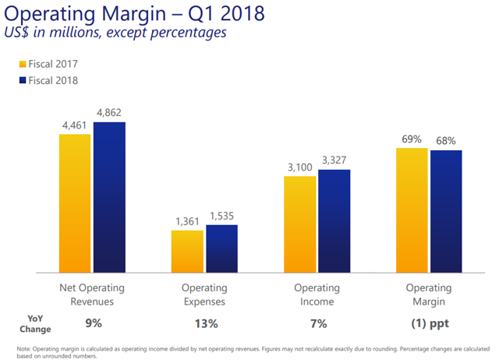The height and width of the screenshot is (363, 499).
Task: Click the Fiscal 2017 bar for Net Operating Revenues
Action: pos(75,203)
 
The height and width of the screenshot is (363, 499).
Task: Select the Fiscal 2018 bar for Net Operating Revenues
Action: pos(109,198)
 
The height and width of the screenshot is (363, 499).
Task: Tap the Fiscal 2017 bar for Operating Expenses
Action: pos(187,252)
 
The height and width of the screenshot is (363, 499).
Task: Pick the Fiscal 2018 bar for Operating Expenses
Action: pos(221,249)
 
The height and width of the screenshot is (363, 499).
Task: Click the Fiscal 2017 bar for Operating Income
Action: pos(300,224)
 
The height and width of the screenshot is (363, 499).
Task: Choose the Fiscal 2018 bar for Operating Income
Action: pos(334,221)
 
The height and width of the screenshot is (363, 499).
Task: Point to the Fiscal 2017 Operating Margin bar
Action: pos(412,210)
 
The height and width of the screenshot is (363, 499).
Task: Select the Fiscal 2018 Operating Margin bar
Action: pos(446,212)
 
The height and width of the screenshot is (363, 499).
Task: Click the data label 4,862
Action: pos(109,115)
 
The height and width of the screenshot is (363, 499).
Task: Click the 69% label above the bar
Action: pos(412,139)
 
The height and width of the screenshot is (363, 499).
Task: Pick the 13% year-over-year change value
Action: pos(207,323)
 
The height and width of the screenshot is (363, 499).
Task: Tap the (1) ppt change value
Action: pos(430,323)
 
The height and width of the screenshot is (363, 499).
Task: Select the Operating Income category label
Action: pos(317,294)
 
